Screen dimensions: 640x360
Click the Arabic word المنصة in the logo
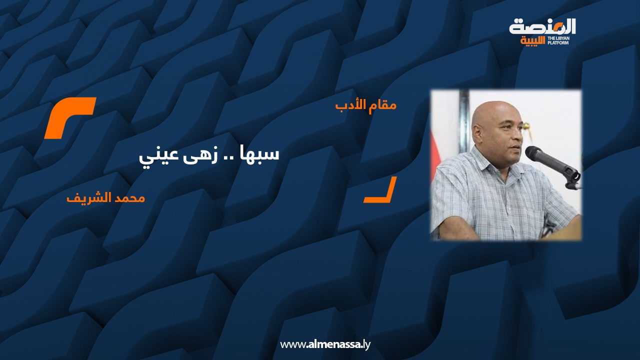coord(542,27)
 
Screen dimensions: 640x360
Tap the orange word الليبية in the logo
coord(533,41)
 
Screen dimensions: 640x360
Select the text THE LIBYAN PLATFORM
coord(558,40)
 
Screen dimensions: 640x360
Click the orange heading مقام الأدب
coord(365,105)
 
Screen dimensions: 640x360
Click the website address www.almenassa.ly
coord(325,344)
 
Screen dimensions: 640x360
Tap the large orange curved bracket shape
coord(70,117)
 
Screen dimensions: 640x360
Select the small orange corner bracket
coord(380,189)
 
